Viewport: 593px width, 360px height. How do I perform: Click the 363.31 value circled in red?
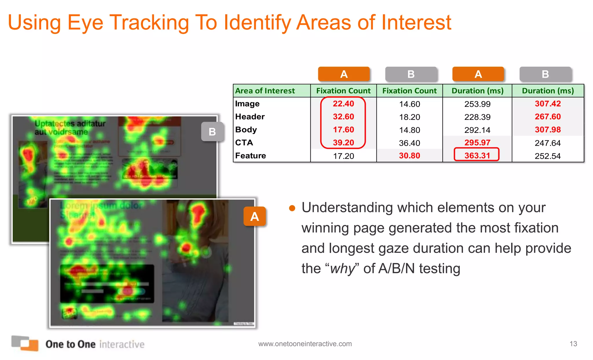pyautogui.click(x=477, y=156)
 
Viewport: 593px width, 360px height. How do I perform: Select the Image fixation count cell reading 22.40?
pyautogui.click(x=343, y=104)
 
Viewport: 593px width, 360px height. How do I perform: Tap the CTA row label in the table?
pyautogui.click(x=244, y=142)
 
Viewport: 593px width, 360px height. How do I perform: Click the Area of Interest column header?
pyautogui.click(x=265, y=91)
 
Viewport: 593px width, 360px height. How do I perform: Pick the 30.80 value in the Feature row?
pyautogui.click(x=409, y=156)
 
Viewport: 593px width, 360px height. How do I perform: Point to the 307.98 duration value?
pyautogui.click(x=548, y=129)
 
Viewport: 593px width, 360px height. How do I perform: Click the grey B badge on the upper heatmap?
pyautogui.click(x=212, y=132)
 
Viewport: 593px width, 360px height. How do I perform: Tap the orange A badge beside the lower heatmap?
pyautogui.click(x=255, y=216)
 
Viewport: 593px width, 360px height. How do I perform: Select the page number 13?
pyautogui.click(x=573, y=344)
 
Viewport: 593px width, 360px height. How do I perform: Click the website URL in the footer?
pyautogui.click(x=305, y=344)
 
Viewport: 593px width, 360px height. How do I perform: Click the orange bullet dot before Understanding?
pyautogui.click(x=292, y=208)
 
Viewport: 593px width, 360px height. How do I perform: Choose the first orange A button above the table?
pyautogui.click(x=344, y=74)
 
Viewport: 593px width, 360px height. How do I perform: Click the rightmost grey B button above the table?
pyautogui.click(x=545, y=74)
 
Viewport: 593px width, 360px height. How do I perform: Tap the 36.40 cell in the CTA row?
pyautogui.click(x=409, y=143)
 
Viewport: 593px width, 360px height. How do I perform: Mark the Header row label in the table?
pyautogui.click(x=250, y=116)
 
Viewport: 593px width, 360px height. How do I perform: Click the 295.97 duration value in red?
pyautogui.click(x=477, y=142)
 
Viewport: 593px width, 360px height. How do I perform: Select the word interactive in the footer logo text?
pyautogui.click(x=122, y=344)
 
